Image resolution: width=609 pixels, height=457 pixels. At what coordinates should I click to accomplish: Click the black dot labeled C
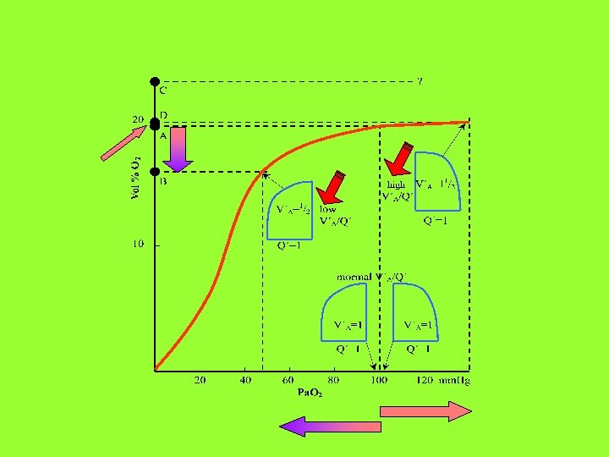(x=155, y=82)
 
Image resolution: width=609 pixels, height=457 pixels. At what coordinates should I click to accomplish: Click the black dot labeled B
(x=155, y=172)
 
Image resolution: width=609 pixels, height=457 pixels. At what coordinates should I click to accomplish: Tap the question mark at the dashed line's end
(x=420, y=82)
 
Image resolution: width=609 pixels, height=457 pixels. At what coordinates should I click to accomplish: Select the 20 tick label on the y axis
(x=137, y=120)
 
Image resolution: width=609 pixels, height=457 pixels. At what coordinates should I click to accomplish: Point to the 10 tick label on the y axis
(x=137, y=245)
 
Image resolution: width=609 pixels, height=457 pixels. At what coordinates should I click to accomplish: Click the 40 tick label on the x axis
(x=244, y=380)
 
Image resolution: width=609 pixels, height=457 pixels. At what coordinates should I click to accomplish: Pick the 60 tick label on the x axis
(x=288, y=380)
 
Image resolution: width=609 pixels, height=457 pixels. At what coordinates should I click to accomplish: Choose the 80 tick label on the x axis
(x=333, y=380)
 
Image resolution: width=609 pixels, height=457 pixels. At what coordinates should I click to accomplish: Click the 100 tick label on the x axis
(x=378, y=380)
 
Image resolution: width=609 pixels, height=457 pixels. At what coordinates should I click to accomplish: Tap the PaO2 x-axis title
(x=310, y=393)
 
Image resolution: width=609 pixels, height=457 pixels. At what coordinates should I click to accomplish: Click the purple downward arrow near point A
(x=178, y=146)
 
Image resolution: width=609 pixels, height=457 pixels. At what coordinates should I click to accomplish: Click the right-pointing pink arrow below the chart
(x=425, y=412)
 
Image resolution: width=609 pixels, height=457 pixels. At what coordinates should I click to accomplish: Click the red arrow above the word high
(x=398, y=157)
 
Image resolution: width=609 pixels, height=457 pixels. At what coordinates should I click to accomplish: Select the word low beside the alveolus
(x=327, y=209)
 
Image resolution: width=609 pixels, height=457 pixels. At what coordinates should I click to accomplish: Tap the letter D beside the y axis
(x=163, y=114)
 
